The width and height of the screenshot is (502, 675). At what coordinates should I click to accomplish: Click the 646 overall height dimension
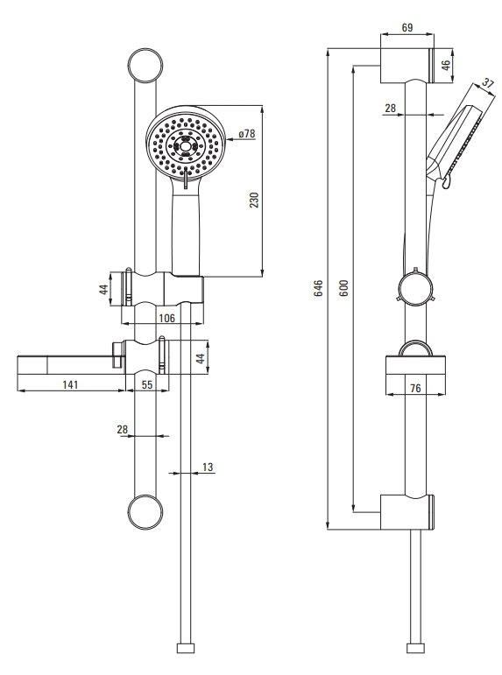318,288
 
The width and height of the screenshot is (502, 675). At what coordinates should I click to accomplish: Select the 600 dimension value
343,288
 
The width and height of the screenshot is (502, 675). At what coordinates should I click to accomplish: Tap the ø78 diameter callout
247,133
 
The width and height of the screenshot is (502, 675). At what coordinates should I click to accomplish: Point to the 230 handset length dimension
254,200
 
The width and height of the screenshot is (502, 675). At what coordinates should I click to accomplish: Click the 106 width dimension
166,318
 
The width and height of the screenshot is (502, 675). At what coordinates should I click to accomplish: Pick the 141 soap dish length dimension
70,384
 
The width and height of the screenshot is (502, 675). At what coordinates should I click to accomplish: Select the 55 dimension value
147,384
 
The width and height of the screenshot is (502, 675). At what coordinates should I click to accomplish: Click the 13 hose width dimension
208,468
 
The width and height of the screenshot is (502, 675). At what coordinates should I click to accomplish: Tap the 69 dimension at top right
407,27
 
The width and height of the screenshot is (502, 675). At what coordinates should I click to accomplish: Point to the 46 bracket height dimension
446,65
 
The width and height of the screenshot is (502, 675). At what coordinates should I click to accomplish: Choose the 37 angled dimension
487,82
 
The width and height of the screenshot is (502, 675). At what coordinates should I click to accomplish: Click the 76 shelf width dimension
415,389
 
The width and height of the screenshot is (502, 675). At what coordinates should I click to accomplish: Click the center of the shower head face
185,146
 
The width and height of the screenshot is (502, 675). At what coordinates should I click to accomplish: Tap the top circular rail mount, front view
145,66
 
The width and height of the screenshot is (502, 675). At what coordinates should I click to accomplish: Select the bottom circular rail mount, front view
145,512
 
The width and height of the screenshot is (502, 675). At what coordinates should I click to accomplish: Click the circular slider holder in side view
414,287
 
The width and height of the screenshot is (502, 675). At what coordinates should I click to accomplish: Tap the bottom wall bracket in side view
407,512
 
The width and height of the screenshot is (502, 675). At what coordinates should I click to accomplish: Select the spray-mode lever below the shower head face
185,179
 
